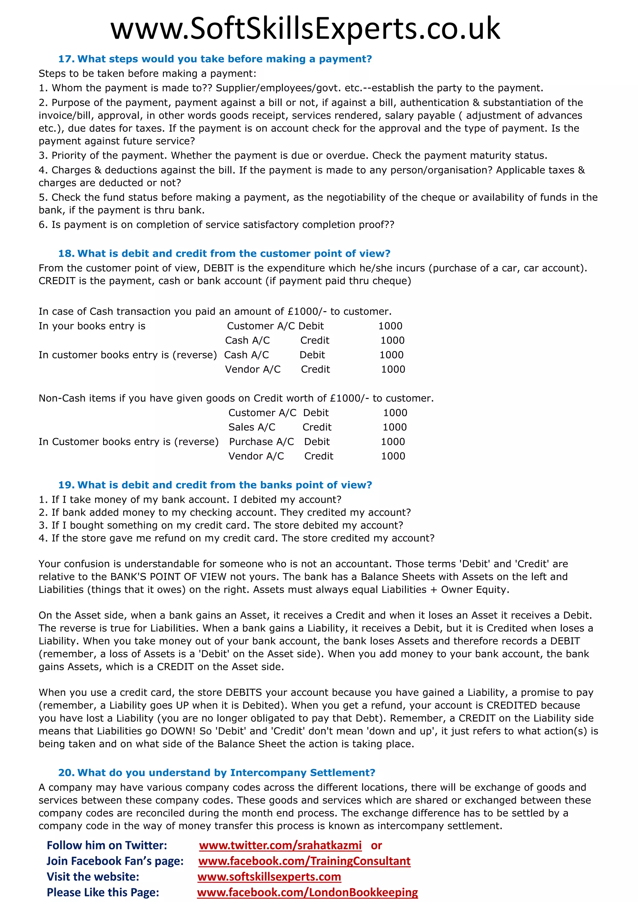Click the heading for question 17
[215, 59]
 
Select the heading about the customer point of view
[224, 254]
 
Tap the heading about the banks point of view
[215, 485]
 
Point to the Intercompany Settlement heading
[217, 772]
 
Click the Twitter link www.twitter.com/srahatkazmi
[280, 845]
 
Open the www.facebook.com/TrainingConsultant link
[304, 861]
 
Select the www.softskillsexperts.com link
[269, 876]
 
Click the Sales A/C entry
[252, 427]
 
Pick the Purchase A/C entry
[261, 442]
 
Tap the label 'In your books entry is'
[92, 326]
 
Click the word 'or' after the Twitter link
[376, 845]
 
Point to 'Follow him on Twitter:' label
[107, 845]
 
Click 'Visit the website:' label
[93, 876]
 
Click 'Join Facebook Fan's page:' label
[115, 861]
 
